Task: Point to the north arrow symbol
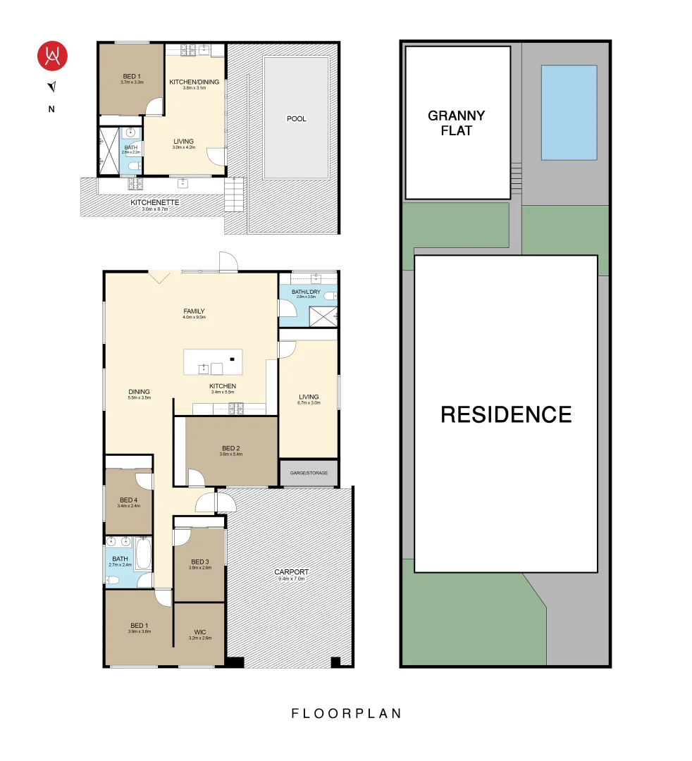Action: coord(51,87)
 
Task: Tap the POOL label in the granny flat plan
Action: coord(297,119)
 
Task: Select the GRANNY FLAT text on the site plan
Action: coord(457,123)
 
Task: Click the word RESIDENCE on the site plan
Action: coord(506,414)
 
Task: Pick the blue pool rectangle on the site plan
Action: coord(569,113)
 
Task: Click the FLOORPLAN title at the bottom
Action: coord(346,713)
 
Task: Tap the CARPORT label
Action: coord(291,572)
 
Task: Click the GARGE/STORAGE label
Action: coord(309,473)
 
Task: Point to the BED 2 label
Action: coord(231,448)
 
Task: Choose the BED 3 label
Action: coord(200,562)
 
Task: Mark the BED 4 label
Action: coord(130,500)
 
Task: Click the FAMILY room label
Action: coord(194,311)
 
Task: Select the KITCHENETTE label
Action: coord(155,202)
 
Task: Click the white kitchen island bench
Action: coord(213,362)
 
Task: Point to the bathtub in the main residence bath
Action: coord(144,554)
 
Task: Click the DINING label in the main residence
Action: coord(139,392)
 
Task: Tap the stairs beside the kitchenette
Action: coord(233,194)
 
